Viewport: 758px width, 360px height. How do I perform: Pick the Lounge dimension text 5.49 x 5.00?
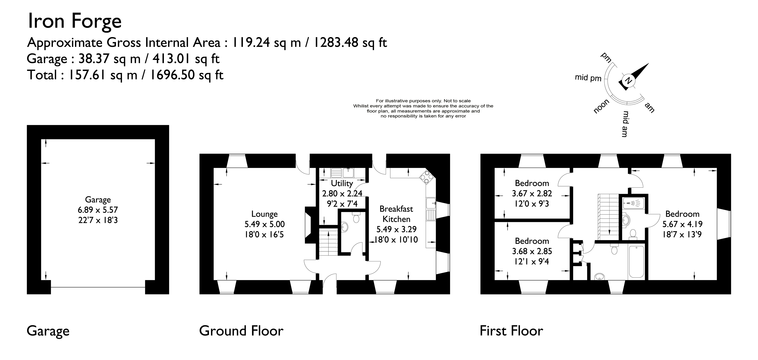tap(264, 224)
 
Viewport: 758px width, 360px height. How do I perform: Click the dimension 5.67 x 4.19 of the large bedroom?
tap(682, 224)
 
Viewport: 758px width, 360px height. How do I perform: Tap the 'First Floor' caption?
tap(511, 331)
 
